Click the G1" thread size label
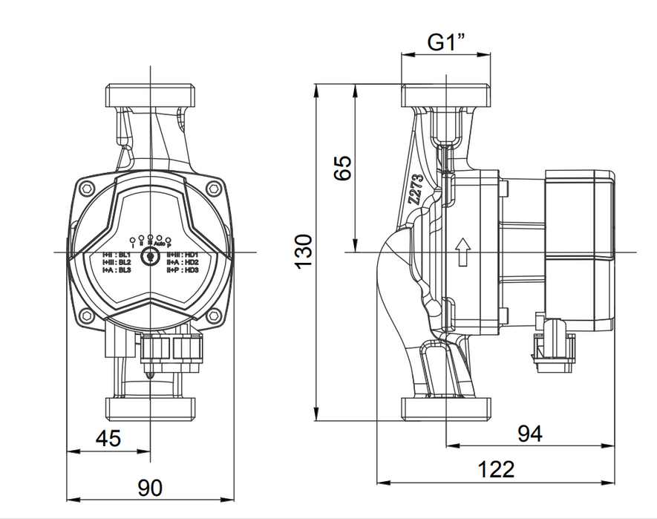pos(445,42)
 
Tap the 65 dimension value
pos(342,168)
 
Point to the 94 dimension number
pos(529,434)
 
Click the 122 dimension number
pos(495,469)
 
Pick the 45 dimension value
pos(108,438)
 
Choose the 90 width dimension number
pos(150,488)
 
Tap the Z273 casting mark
pos(416,190)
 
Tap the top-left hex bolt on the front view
pos(86,188)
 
